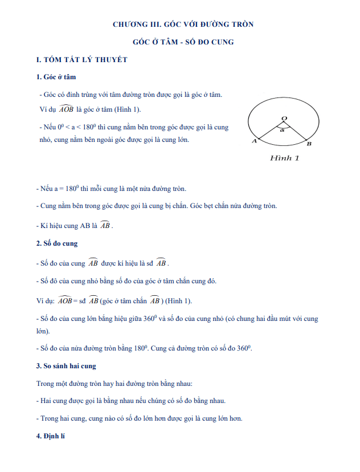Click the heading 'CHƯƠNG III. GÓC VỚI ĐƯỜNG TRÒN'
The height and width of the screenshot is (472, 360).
pos(183,25)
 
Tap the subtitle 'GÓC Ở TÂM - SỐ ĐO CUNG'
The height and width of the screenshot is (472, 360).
pos(183,42)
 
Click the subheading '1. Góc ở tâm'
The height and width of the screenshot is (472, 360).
pos(56,77)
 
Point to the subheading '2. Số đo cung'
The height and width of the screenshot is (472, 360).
pos(56,243)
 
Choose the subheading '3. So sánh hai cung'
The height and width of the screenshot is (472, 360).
pos(66,365)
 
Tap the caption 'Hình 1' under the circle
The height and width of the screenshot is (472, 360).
pos(284,158)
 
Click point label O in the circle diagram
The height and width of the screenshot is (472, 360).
pos(284,117)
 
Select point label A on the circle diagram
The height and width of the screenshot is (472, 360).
pos(254,141)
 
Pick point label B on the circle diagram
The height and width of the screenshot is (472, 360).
pos(309,144)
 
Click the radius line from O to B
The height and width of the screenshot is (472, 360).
pos(296,131)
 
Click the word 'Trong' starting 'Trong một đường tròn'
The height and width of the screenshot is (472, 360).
pos(45,384)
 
